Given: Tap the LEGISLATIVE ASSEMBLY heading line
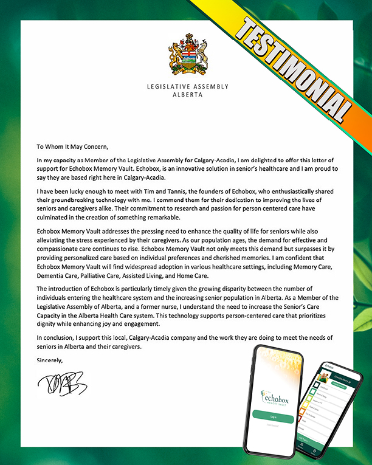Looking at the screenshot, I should [x=187, y=87].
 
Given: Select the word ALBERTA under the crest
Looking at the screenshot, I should [x=187, y=95].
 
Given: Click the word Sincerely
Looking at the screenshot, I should [x=49, y=360].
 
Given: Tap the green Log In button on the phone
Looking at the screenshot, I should [x=273, y=417].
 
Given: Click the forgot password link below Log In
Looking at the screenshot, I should [x=273, y=426].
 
